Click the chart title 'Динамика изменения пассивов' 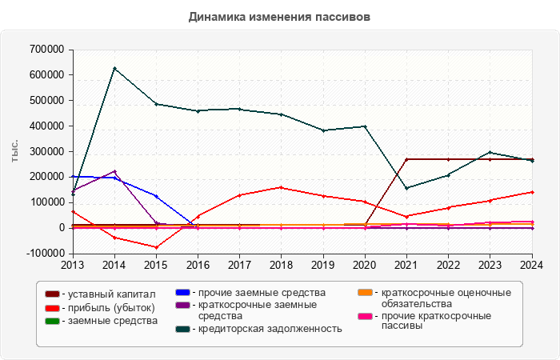(x=279, y=16)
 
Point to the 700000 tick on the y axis (x=46, y=50)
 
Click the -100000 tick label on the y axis (x=43, y=254)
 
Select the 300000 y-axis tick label (x=46, y=151)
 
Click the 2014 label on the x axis (x=114, y=264)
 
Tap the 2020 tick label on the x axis (x=365, y=264)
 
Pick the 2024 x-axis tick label (x=532, y=264)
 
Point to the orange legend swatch (x=364, y=293)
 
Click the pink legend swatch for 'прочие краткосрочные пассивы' (x=364, y=317)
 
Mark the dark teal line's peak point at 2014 (x=114, y=68)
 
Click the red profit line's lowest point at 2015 (x=156, y=247)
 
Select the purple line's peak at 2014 (x=114, y=171)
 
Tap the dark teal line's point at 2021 (x=406, y=188)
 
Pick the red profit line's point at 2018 (x=281, y=187)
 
